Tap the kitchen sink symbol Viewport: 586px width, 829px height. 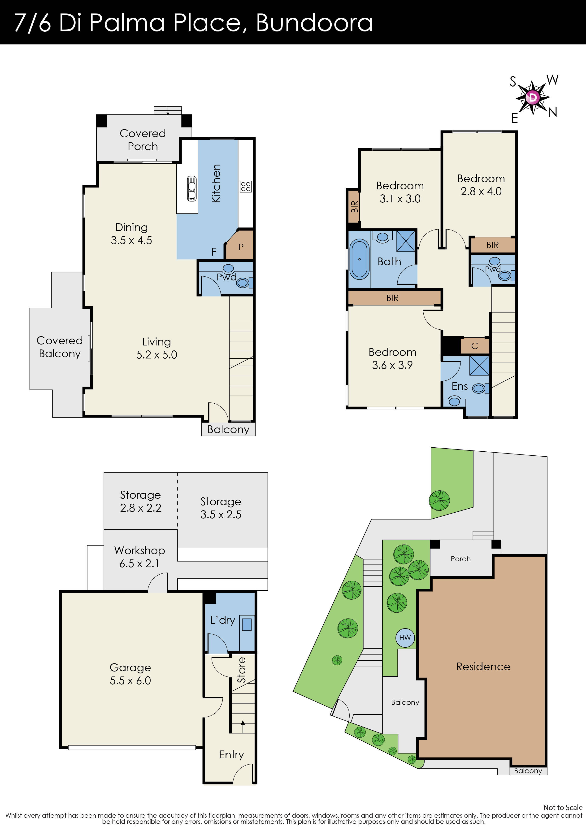(192, 188)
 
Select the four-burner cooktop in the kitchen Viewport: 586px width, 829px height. (246, 187)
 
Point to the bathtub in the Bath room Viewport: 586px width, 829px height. (360, 259)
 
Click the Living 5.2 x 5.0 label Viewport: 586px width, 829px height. (156, 348)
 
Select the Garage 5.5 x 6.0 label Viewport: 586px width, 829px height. (130, 674)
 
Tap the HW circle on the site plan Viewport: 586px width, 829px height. (405, 638)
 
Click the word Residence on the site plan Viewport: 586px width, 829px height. (483, 667)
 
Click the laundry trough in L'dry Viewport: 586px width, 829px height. (247, 624)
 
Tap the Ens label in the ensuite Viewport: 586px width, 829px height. (460, 386)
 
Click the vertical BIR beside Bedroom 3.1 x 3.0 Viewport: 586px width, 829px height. (354, 206)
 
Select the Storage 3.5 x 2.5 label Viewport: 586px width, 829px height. (221, 508)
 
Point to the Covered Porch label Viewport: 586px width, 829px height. (143, 140)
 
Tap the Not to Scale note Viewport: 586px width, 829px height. (563, 807)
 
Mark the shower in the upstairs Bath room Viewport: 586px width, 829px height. (406, 241)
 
